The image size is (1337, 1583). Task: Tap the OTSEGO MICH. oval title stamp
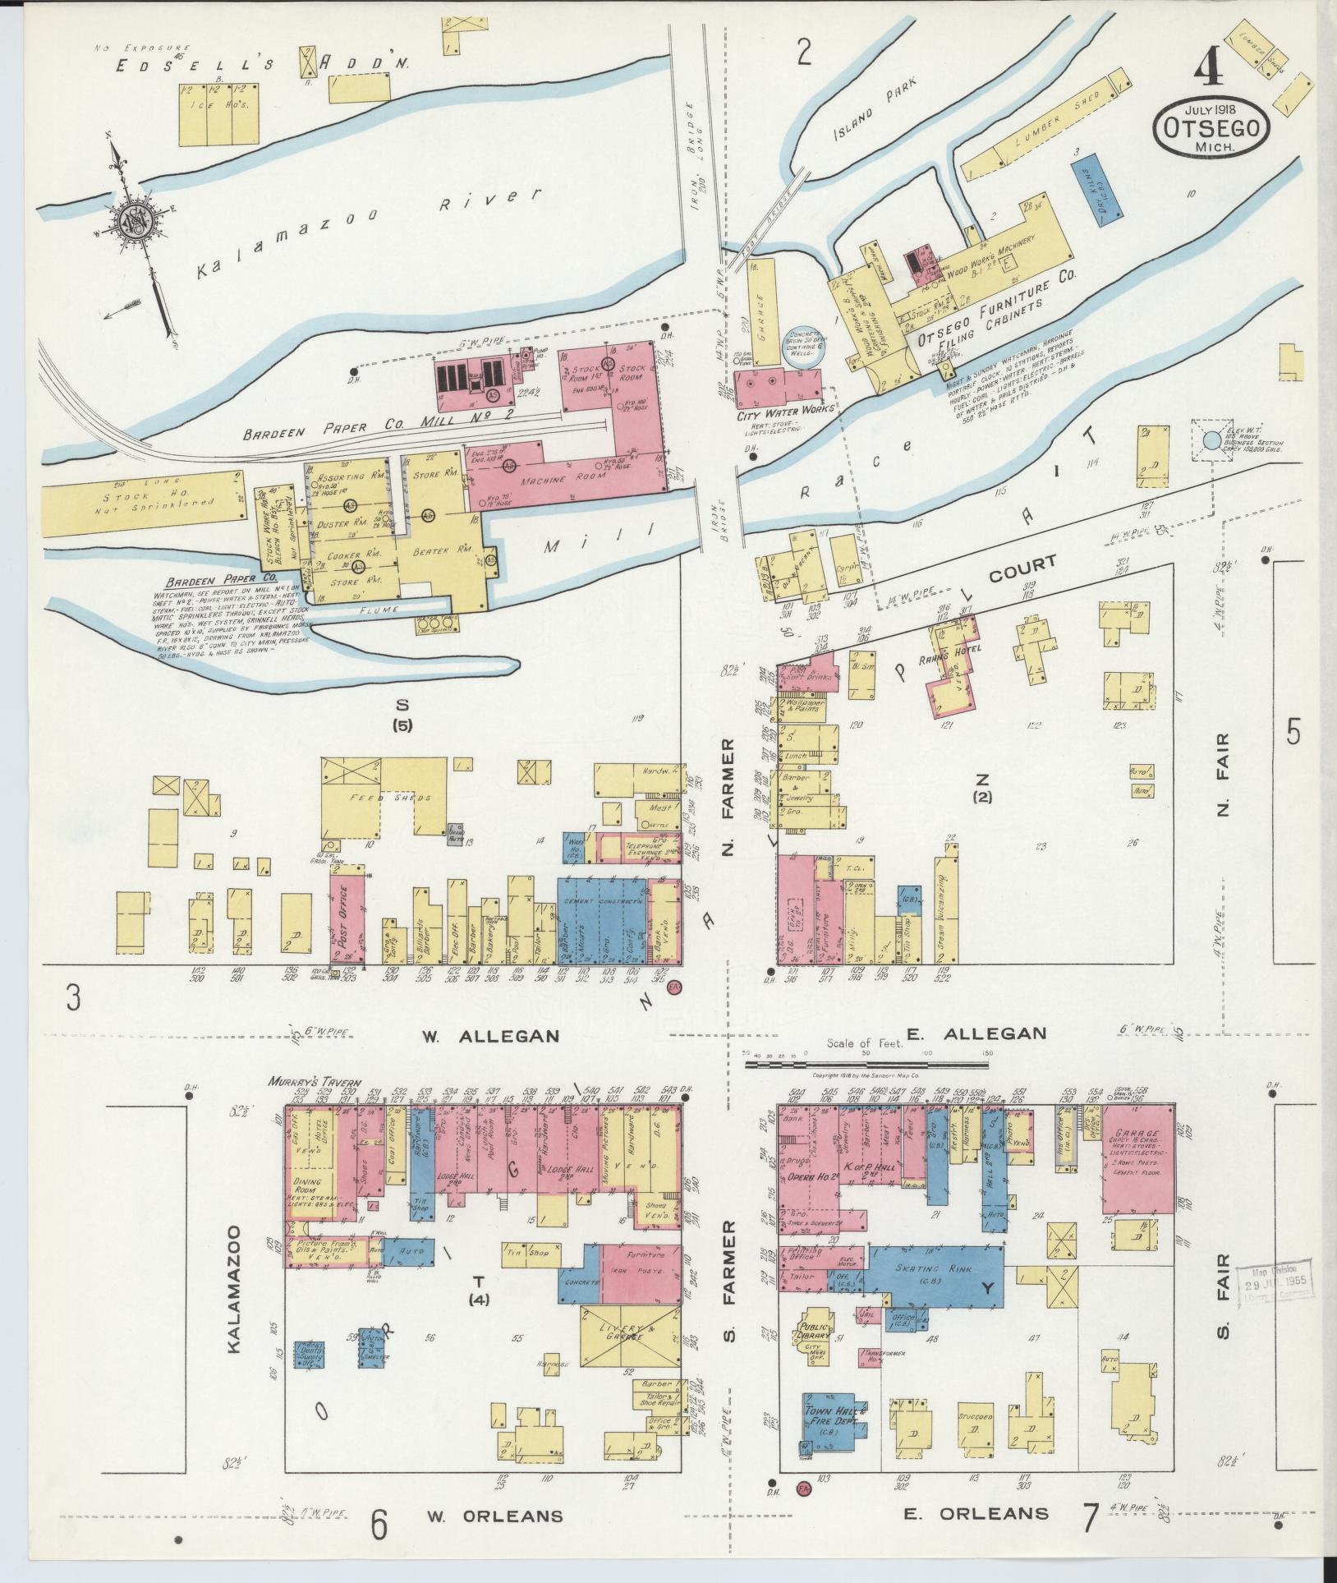pyautogui.click(x=1211, y=130)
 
